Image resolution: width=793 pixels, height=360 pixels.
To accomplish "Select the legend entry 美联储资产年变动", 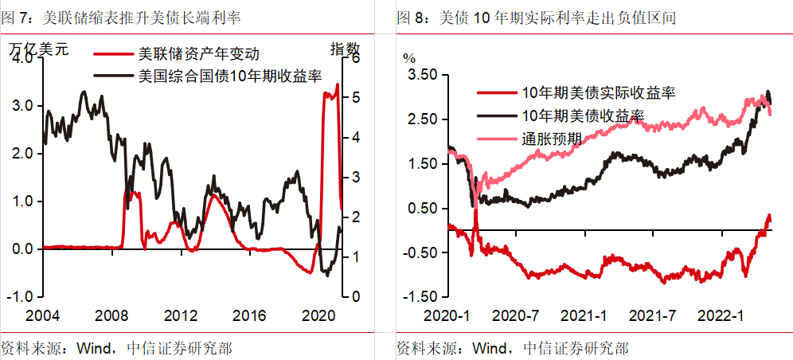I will [199, 54].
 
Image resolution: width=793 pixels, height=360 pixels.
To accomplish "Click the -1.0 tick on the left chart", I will [20, 296].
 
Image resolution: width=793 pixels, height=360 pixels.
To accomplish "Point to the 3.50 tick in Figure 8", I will [423, 74].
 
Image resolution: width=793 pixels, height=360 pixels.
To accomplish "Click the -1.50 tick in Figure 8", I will [420, 297].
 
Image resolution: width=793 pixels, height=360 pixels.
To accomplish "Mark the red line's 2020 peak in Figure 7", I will [337, 84].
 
